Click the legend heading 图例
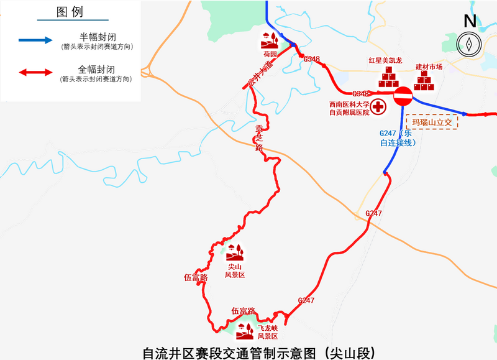coord(69,12)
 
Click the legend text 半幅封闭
coord(97,36)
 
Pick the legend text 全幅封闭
coord(97,68)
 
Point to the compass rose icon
coord(470,44)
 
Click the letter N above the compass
coord(470,21)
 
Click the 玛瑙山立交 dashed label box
coord(431,121)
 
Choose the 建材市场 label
coord(429,67)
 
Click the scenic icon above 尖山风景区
coord(235,252)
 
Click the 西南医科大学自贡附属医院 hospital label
coord(349,108)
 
